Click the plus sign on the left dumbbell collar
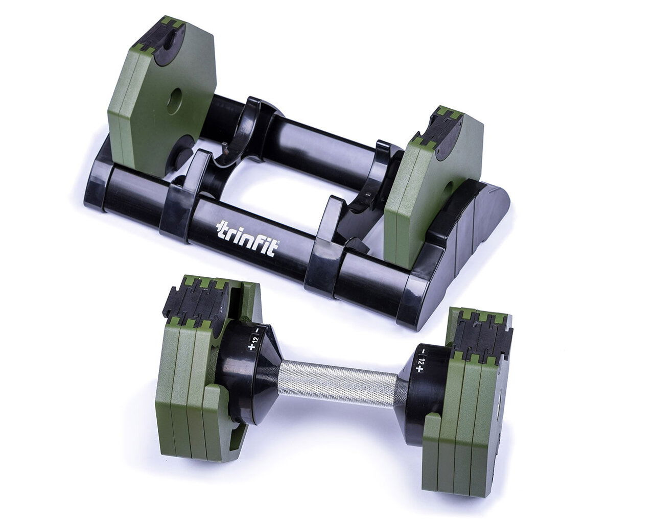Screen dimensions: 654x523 (x=251, y=347)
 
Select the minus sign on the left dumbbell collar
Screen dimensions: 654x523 (x=258, y=330)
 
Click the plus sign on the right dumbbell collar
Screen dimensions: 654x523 (x=420, y=369)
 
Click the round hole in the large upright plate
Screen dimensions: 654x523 (x=174, y=100)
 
